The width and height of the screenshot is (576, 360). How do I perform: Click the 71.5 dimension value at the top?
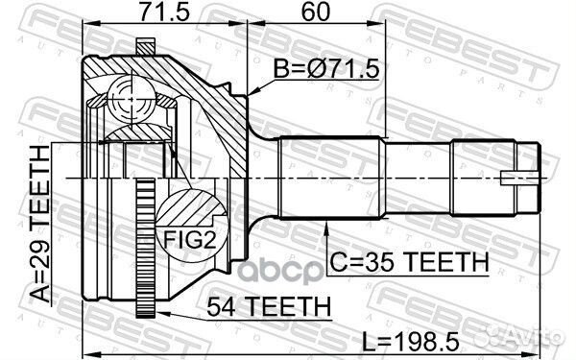click(x=164, y=12)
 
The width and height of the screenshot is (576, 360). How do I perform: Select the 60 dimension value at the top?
click(x=316, y=12)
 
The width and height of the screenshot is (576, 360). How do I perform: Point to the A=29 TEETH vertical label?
click(x=39, y=224)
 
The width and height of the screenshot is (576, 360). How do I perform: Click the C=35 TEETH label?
click(x=409, y=262)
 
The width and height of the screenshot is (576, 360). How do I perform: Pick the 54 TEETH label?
click(x=269, y=307)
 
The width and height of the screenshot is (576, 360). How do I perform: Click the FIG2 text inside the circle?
click(x=189, y=238)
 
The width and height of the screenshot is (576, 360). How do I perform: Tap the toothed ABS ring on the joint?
click(x=146, y=249)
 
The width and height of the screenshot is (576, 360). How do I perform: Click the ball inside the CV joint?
click(x=132, y=99)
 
